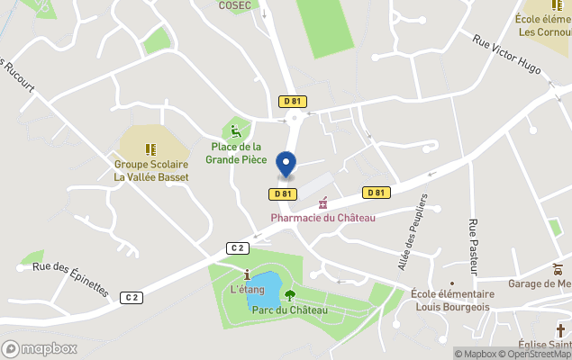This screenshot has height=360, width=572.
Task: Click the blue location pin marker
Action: (286, 164)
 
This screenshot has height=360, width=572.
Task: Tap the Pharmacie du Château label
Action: (322, 218)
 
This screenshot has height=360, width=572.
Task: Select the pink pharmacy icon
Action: (322, 204)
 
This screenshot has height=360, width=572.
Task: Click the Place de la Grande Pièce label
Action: (235, 153)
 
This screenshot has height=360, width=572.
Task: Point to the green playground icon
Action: (236, 131)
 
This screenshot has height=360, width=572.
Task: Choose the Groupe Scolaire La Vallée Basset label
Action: (151, 171)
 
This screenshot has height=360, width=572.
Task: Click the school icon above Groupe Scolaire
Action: (151, 148)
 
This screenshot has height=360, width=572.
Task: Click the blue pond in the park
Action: (267, 288)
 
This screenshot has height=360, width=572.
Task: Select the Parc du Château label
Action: (290, 310)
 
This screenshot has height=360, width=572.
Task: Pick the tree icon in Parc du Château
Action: (290, 295)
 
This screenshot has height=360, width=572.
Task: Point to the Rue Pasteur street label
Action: (472, 245)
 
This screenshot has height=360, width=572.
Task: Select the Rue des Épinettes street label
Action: (70, 278)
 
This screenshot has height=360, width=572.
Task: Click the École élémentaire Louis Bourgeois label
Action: (452, 301)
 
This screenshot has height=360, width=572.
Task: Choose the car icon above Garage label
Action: (558, 268)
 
